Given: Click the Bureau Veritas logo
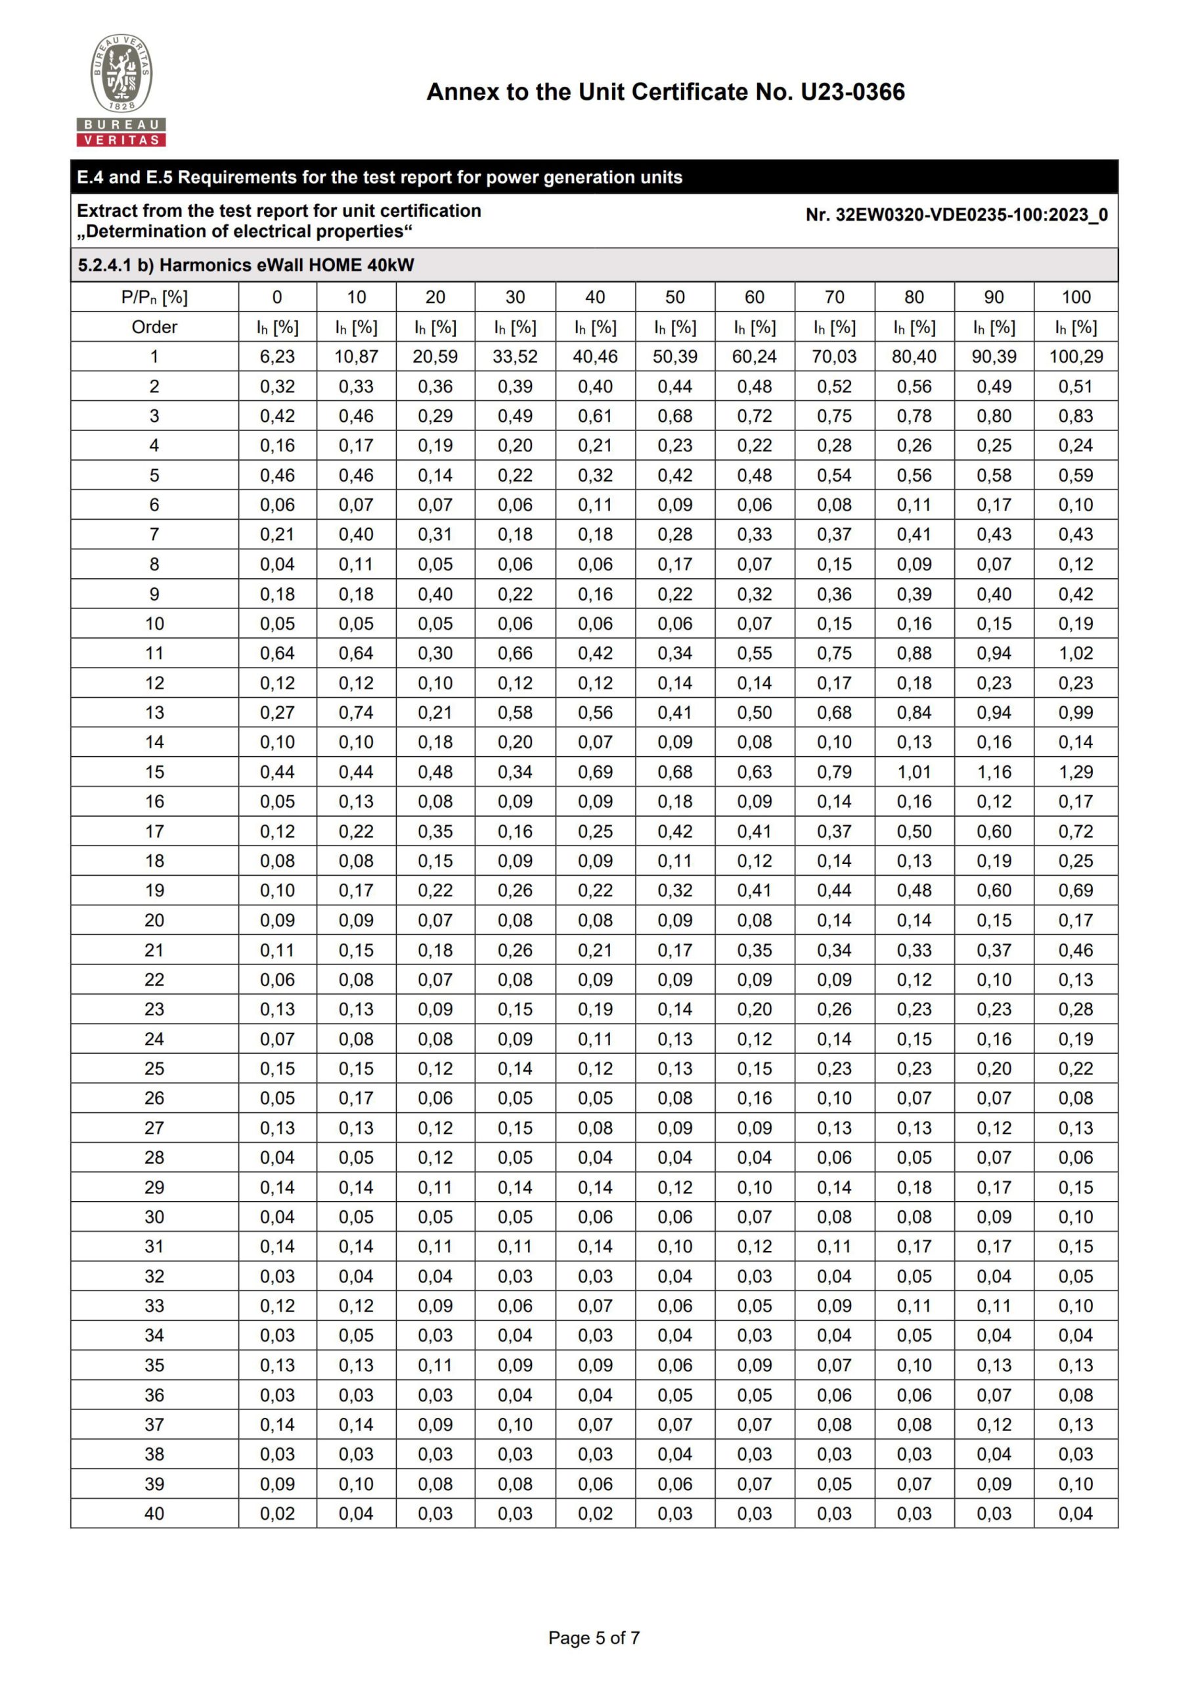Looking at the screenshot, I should tap(121, 90).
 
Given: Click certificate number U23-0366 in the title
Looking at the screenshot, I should tap(852, 93).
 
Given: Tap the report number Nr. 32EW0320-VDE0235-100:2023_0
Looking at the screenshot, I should tap(956, 215).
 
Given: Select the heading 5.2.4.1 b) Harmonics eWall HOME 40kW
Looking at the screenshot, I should tap(246, 265).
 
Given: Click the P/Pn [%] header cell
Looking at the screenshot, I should tap(154, 297).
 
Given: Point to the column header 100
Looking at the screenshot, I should tap(1076, 297).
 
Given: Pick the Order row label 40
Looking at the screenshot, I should tap(154, 1512).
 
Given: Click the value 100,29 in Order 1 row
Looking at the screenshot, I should tap(1076, 357).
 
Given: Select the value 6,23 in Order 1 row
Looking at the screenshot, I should tap(277, 357).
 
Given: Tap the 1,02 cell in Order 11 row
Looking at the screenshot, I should tap(1076, 653).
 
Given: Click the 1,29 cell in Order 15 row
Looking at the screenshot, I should tap(1076, 772).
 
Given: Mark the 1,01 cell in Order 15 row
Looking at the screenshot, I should tap(914, 772).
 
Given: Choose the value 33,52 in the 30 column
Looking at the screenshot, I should tap(515, 357).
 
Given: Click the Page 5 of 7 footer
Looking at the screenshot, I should tap(594, 1637).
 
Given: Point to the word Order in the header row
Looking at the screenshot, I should tap(154, 327).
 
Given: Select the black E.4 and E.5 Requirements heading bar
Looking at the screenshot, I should tap(594, 177).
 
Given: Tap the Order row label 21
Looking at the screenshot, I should tap(154, 950).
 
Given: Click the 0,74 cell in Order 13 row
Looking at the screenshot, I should tap(356, 712).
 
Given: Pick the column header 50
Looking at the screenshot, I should tap(675, 297).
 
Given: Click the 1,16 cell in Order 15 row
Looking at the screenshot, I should tap(994, 772).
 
